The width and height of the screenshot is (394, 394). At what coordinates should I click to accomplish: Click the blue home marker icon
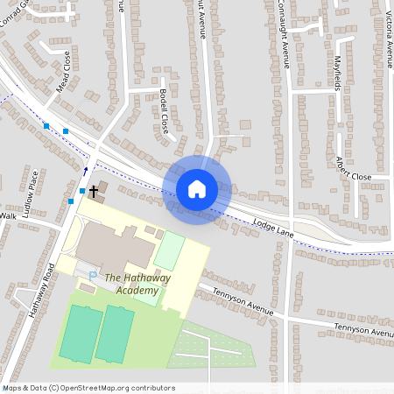[197, 188]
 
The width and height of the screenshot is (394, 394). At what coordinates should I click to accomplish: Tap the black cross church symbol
[93, 189]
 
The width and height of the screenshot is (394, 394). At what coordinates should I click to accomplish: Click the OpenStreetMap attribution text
[88, 388]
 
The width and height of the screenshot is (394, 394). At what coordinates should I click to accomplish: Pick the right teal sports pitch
[115, 334]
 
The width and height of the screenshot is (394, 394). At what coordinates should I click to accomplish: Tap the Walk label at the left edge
[8, 215]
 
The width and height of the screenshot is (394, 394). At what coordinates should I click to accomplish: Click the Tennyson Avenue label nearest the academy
[237, 300]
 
